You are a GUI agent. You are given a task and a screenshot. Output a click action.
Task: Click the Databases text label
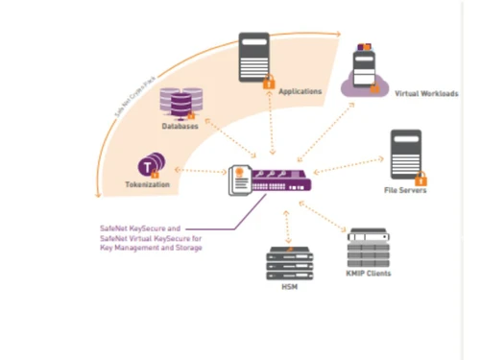click(x=180, y=127)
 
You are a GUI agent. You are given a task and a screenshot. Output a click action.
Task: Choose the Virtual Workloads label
click(x=425, y=94)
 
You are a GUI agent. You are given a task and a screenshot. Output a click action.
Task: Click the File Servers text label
click(x=406, y=190)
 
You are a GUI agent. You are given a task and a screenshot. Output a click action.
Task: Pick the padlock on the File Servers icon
click(x=420, y=178)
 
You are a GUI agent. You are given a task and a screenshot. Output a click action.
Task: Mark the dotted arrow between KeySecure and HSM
click(x=286, y=220)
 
